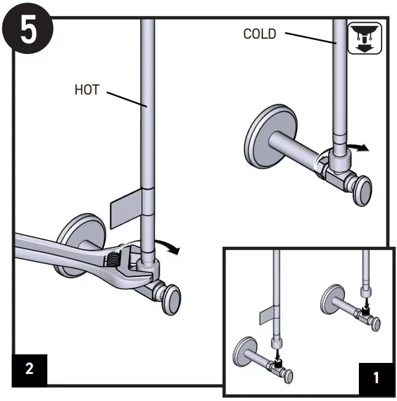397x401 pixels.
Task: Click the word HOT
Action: click(x=87, y=90)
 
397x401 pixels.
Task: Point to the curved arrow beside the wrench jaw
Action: click(x=170, y=247)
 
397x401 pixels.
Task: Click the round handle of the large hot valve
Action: click(x=170, y=300)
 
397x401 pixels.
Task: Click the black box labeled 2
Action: click(x=29, y=368)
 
